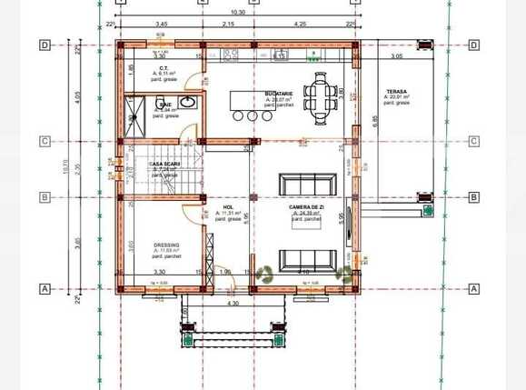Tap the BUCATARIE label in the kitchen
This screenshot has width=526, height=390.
[278, 94]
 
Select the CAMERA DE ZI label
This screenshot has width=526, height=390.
[304, 208]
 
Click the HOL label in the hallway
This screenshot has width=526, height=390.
[228, 208]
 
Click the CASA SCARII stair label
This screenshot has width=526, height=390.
[164, 165]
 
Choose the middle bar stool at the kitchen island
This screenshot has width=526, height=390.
[252, 115]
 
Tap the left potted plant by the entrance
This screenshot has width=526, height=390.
[265, 273]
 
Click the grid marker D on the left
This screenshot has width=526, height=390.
[43, 44]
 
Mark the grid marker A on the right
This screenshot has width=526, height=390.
[473, 288]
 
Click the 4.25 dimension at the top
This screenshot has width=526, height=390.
[300, 23]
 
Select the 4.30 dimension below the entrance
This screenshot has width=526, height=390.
[233, 304]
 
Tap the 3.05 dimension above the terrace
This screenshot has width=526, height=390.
[396, 56]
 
